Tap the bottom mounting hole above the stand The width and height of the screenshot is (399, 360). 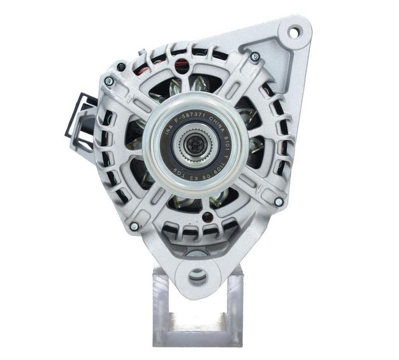coord(198,275)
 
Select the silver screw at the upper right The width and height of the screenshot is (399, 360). coord(255,57)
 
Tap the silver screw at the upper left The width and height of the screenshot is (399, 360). coord(109,81)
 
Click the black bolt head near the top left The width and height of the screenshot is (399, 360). coord(121,66)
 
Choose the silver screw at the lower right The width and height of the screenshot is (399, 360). coord(279,201)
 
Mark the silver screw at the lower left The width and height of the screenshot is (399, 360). coord(134,226)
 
